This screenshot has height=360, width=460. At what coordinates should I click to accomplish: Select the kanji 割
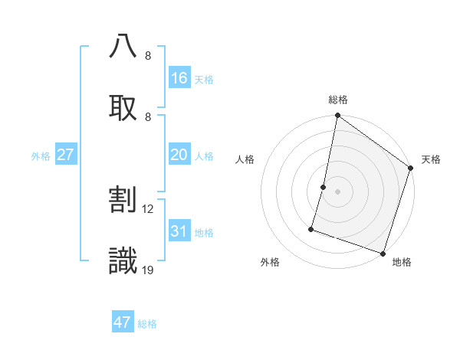coord(123,200)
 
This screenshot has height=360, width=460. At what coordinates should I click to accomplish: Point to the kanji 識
coord(123,261)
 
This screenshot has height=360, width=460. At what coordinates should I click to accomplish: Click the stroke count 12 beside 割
coord(148,208)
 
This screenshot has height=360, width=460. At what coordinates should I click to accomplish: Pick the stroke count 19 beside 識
coord(148,270)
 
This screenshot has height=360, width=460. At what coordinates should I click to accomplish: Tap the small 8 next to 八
coord(148,55)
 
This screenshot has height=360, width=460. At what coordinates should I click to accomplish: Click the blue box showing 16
coord(179,77)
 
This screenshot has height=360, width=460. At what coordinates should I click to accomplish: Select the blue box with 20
coord(179,155)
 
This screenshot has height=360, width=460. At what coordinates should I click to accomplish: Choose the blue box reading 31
coord(179,231)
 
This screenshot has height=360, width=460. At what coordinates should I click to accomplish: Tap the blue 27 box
coord(66,155)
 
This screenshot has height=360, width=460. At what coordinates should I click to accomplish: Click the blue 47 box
coord(123,322)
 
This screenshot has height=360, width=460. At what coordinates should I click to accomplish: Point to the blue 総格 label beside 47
coord(147,324)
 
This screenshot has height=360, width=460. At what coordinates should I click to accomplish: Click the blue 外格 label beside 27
coord(41,156)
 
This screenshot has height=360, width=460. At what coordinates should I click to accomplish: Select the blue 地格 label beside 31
coord(204,233)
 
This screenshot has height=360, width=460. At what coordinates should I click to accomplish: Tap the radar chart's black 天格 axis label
coord(431,159)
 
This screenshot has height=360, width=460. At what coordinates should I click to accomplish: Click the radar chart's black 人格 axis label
coord(245,159)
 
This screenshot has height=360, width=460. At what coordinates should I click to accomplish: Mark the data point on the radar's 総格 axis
coord(337,116)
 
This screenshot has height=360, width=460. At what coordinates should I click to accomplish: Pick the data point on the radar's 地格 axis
coord(383,253)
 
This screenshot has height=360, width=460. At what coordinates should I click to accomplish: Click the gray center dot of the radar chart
coord(337,191)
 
